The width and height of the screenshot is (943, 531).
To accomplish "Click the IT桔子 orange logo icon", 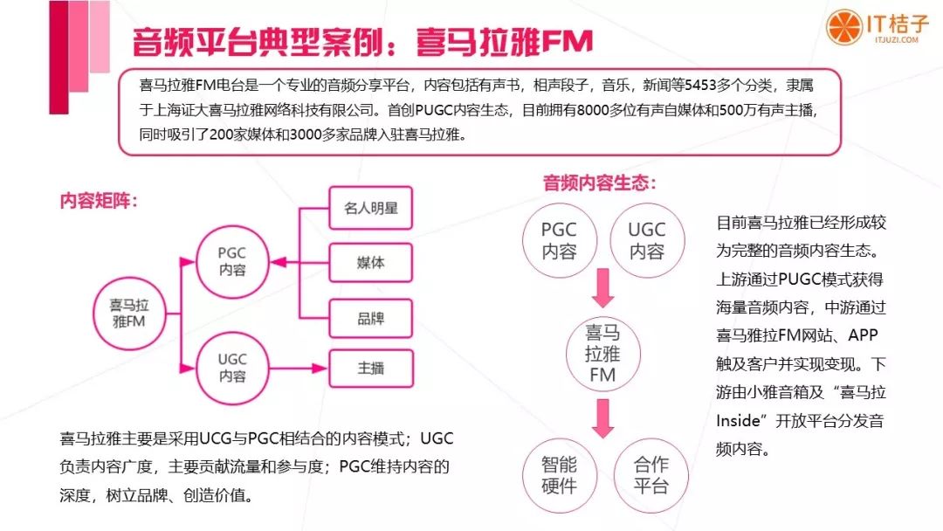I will (x=844, y=26).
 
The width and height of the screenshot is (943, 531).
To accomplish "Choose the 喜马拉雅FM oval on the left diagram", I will (x=128, y=312).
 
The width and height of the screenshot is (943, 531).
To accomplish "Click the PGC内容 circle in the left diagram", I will (x=232, y=261).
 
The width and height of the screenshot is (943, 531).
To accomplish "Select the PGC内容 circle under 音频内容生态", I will (x=559, y=240).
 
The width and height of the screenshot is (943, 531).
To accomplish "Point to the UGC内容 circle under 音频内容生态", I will (x=647, y=240).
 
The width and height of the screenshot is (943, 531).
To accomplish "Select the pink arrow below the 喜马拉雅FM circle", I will (x=602, y=417).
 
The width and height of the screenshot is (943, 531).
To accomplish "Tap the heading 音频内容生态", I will (x=600, y=183).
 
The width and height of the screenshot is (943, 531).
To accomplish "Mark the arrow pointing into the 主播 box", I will (x=306, y=368).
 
